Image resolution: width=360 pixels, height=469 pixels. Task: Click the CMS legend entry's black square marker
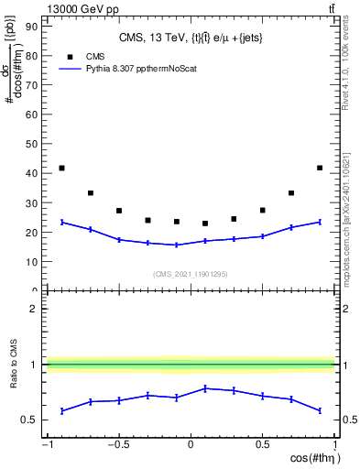click(70, 55)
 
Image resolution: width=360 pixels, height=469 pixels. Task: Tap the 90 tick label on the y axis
click(32, 26)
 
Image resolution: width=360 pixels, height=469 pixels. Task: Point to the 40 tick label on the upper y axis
click(32, 172)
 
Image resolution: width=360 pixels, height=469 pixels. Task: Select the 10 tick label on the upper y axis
click(32, 261)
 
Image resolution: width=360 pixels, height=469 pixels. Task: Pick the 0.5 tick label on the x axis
click(262, 444)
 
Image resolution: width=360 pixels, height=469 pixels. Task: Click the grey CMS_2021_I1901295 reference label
click(190, 274)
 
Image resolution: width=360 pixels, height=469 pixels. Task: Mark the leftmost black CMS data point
click(61, 168)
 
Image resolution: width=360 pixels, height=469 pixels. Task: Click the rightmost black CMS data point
click(319, 168)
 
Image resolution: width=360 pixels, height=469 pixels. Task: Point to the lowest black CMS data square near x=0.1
click(205, 224)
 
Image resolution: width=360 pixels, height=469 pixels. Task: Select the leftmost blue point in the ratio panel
click(61, 410)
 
